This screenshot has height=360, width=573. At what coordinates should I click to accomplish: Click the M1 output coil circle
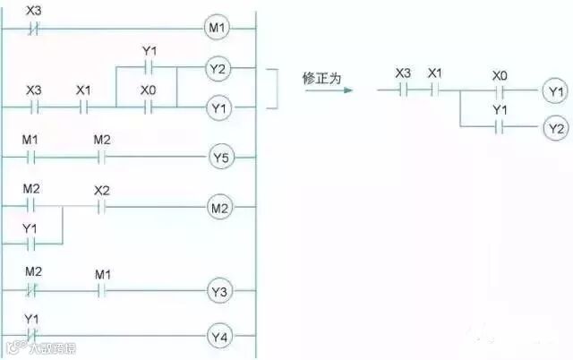(x=218, y=29)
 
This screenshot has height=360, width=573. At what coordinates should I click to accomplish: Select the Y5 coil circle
(x=220, y=159)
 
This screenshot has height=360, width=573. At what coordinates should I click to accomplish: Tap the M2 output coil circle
(x=220, y=208)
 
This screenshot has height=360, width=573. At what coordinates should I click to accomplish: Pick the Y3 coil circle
(x=220, y=291)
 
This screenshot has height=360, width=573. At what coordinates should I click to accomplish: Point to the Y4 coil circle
(x=220, y=338)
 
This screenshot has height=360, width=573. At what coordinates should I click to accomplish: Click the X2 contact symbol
(x=101, y=208)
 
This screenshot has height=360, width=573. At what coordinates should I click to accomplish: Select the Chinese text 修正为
(x=322, y=78)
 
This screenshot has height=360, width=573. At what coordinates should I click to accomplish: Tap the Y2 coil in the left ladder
(x=218, y=68)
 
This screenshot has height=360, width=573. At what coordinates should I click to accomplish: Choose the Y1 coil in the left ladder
(x=218, y=109)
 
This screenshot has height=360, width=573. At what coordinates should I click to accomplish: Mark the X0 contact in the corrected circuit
(x=500, y=90)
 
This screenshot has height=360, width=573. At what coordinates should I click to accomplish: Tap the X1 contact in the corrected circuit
(x=435, y=90)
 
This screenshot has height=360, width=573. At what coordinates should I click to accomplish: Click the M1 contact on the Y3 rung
(x=101, y=291)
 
